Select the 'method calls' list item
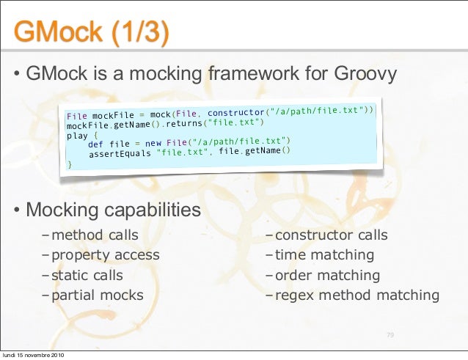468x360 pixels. pos(95,235)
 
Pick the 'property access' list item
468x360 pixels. pos(105,255)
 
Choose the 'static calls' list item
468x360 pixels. pos(87,276)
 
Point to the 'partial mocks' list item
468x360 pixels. pos(97,295)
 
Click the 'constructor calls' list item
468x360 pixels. pos(331,235)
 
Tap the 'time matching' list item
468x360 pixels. pos(324,255)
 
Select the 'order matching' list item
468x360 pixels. pos(327,276)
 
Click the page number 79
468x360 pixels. pos(390,335)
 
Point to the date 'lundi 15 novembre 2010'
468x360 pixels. pos(33,355)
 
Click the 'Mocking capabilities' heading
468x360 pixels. pos(113,210)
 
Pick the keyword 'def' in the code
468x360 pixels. pos(95,144)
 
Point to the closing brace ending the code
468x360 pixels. pos(70,166)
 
